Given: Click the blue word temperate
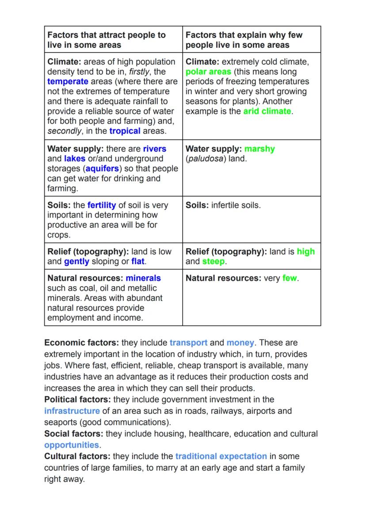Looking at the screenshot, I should tap(68, 81).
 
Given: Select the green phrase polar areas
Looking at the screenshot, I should tap(208, 72).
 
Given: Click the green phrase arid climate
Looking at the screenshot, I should tap(267, 111).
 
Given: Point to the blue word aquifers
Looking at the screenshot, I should tap(103, 169).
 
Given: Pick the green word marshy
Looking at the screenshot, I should tap(259, 149).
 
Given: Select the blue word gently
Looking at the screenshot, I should tap(76, 261).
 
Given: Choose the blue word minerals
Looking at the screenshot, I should tap(143, 278).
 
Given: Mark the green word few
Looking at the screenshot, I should tap(290, 278).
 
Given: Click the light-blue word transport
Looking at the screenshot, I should tap(188, 343).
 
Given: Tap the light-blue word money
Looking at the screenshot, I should tap(240, 343).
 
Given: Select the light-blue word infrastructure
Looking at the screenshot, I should tap(72, 411).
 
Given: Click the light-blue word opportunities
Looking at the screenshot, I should tap(72, 445).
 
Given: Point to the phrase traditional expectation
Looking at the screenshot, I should tap(221, 456).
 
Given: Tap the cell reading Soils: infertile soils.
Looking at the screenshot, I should tap(223, 205).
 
